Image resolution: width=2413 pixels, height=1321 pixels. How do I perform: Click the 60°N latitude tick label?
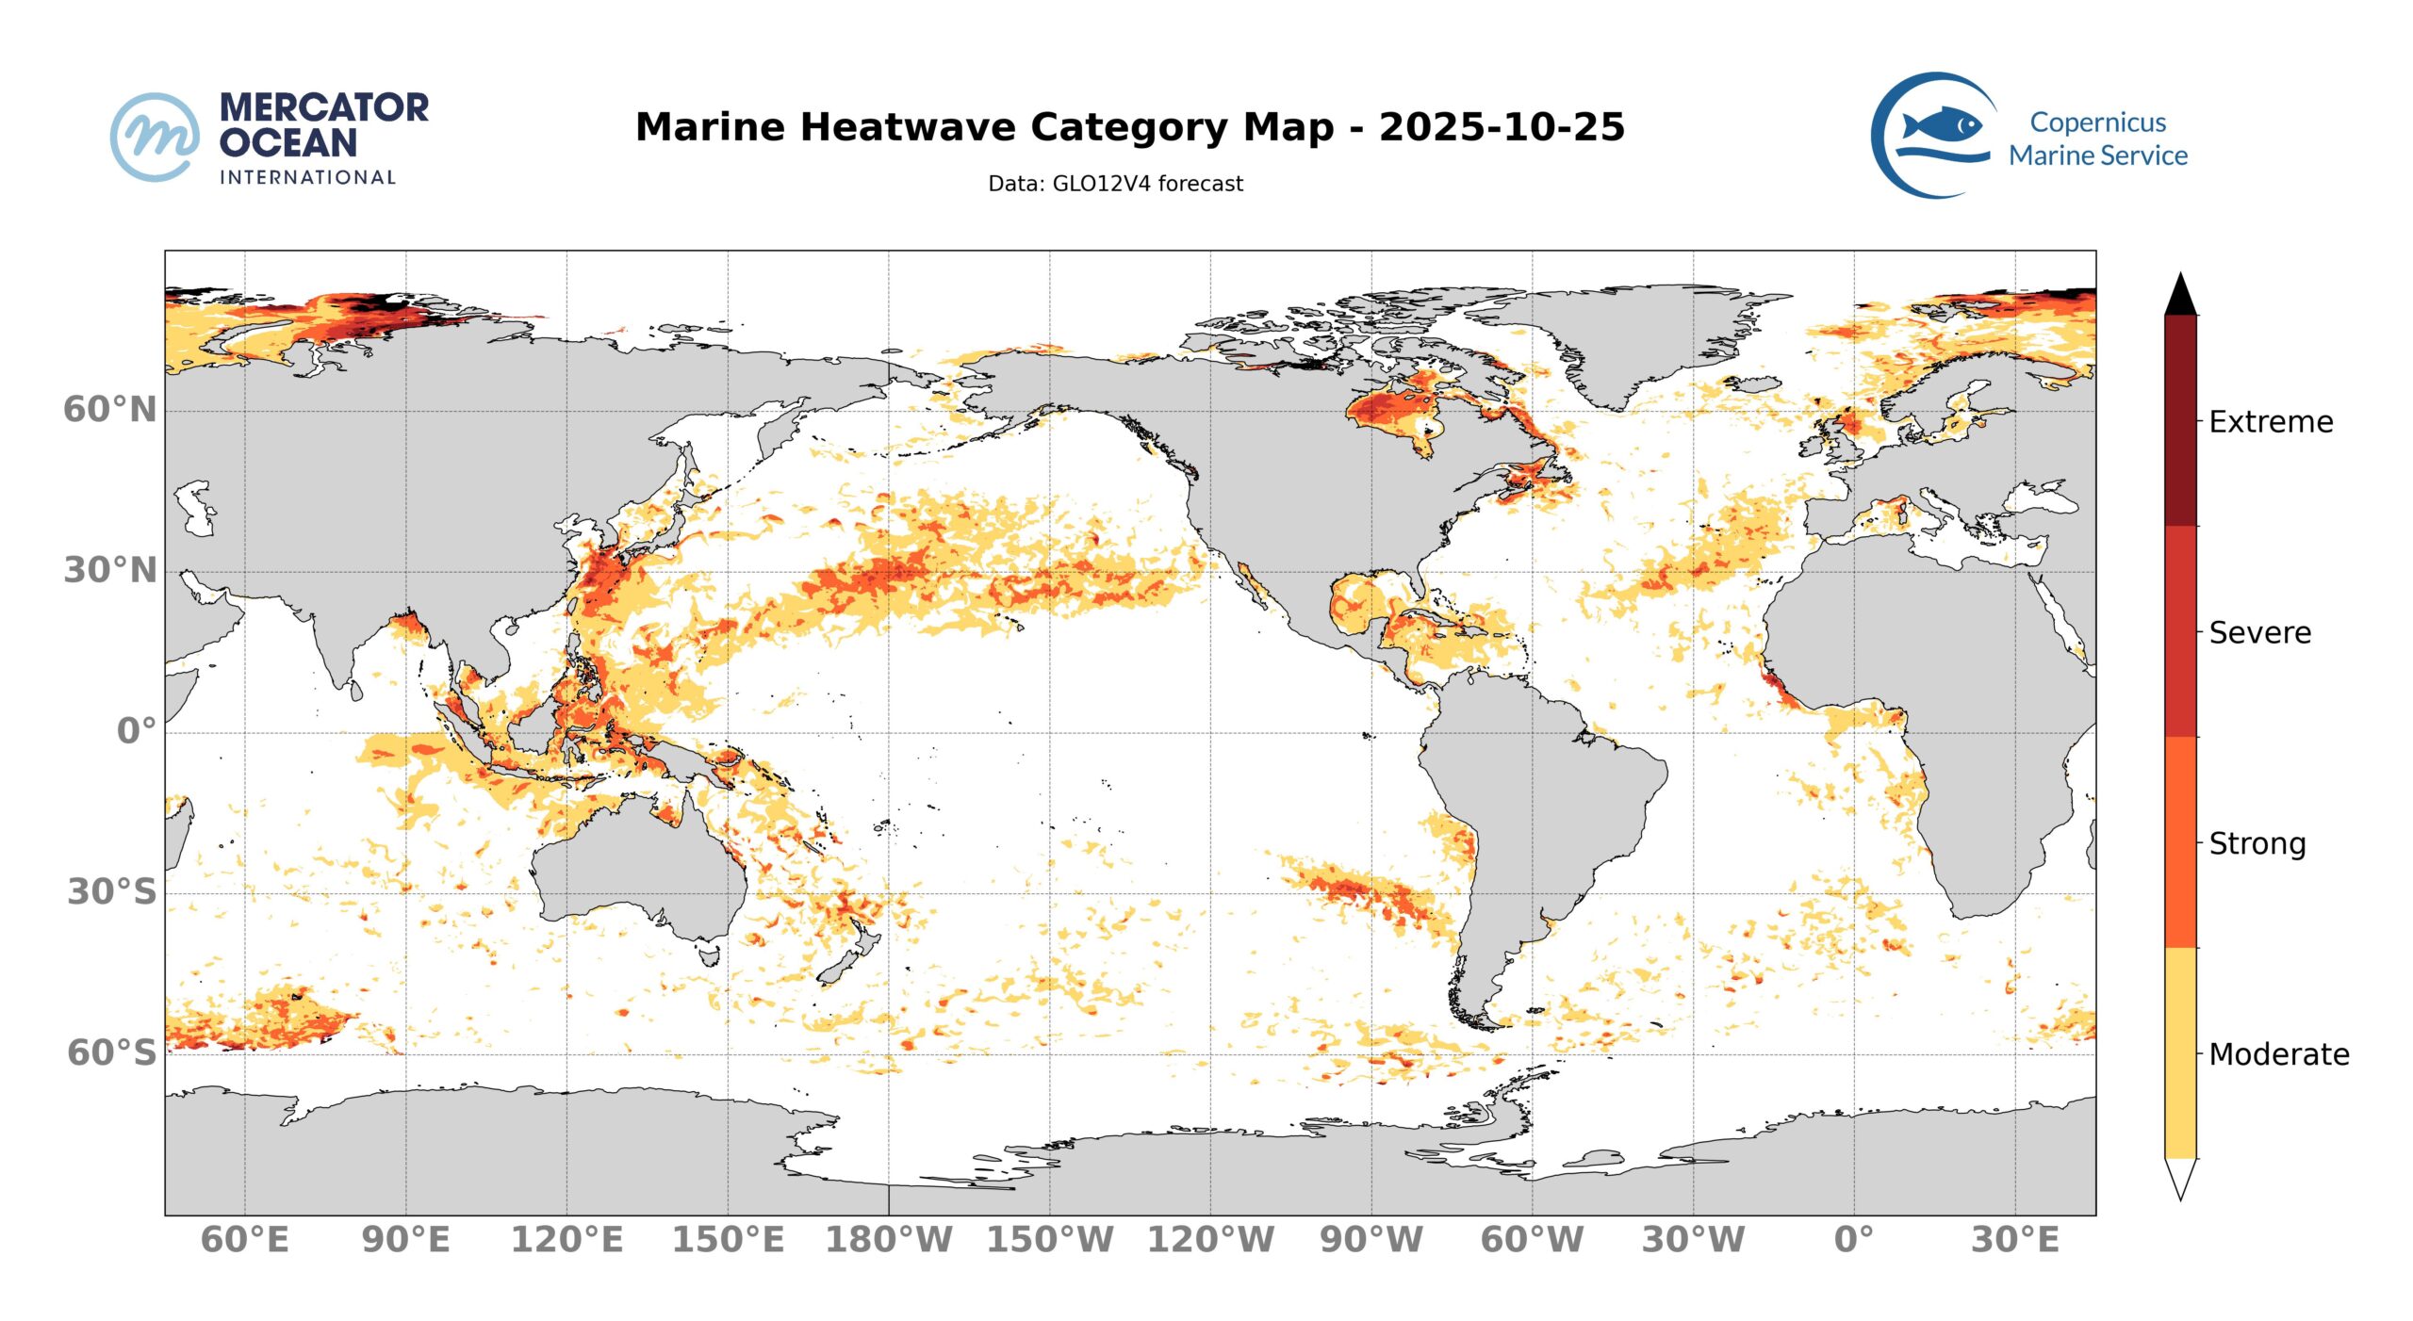[109, 410]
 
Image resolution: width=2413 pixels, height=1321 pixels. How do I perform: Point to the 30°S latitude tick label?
[111, 891]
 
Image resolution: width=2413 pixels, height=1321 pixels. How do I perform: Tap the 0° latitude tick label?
[136, 731]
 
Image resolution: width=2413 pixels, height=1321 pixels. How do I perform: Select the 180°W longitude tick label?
[889, 1240]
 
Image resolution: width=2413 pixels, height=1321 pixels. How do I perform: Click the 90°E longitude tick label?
[405, 1240]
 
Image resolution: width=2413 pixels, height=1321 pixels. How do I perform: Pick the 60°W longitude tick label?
[1532, 1240]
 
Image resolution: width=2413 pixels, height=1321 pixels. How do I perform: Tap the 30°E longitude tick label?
[2015, 1240]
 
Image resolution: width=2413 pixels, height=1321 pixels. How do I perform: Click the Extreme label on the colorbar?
[2271, 422]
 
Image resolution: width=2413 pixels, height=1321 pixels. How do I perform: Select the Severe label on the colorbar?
[2259, 633]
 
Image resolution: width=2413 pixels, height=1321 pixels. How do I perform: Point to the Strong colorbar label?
[2257, 844]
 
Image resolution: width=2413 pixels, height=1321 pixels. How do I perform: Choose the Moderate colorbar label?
[2278, 1054]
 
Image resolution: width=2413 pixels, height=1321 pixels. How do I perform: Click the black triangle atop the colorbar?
[2180, 296]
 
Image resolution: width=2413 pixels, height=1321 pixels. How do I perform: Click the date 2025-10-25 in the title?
[1502, 127]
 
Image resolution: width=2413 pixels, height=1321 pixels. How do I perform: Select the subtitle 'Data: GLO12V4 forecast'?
[1115, 184]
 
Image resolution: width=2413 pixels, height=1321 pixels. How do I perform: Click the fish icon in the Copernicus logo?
[1941, 125]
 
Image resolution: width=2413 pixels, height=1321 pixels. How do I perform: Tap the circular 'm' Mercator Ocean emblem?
[155, 137]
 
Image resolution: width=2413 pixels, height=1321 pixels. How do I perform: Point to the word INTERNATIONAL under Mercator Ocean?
[307, 178]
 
